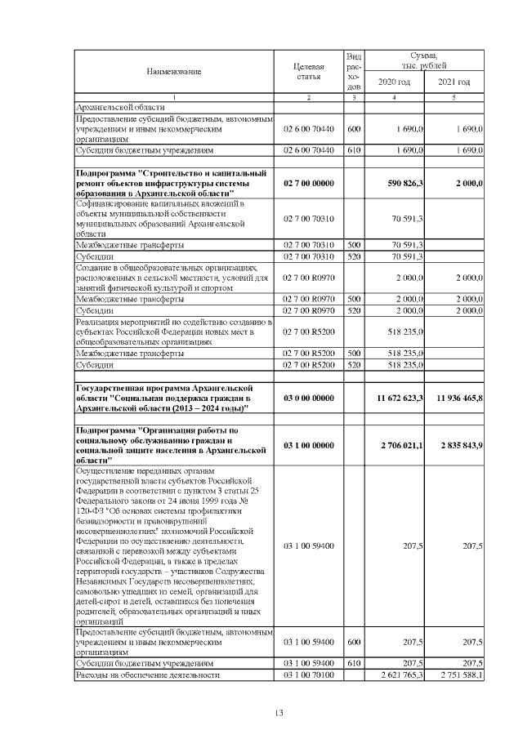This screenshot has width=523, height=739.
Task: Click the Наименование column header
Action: (174, 72)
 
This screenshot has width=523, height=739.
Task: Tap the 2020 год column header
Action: (394, 82)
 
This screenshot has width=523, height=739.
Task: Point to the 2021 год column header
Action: (454, 82)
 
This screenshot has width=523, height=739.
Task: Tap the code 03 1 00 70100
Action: (308, 675)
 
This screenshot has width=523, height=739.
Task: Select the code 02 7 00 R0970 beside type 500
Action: (308, 299)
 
